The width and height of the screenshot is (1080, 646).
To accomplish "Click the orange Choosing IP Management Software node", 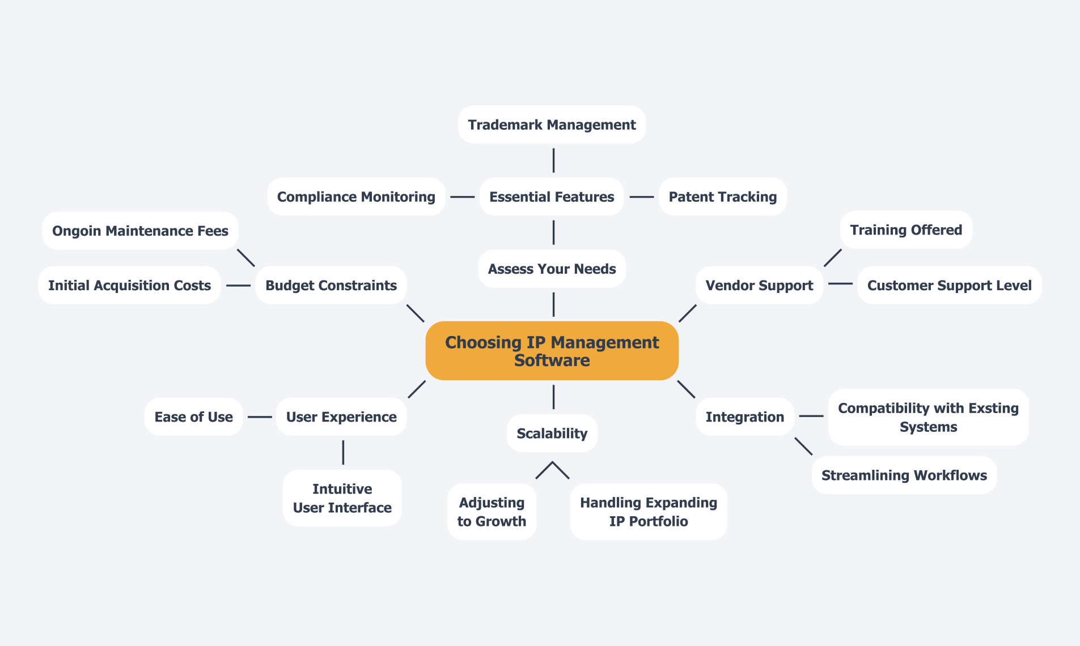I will (x=552, y=351).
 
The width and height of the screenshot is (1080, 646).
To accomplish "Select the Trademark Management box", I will (x=552, y=125).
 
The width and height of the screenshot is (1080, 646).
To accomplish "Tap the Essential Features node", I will (x=552, y=197).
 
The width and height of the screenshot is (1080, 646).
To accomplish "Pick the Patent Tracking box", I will (x=722, y=197).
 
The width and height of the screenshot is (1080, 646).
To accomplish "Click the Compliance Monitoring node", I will (x=356, y=197).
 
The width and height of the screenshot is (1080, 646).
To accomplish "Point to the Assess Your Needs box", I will (x=552, y=269).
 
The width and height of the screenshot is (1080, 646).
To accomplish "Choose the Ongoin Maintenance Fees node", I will (x=140, y=231).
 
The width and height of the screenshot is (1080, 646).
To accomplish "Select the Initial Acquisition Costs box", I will (x=129, y=285).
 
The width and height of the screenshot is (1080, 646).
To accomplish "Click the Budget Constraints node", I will (x=331, y=285).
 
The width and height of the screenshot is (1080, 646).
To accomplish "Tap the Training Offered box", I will (x=906, y=229).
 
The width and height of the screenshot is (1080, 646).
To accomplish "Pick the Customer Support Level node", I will (x=949, y=285).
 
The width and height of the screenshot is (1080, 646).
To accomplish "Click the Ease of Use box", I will (x=193, y=417).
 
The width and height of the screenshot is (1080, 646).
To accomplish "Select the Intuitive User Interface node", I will (x=342, y=498).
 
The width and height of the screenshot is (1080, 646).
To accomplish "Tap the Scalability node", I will (x=552, y=433).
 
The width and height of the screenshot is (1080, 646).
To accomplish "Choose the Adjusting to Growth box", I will (x=492, y=512).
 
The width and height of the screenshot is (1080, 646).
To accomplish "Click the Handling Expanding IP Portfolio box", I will (x=648, y=512).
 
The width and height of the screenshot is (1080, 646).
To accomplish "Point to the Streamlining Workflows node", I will (x=904, y=475).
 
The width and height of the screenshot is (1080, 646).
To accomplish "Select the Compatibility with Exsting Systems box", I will (x=928, y=417).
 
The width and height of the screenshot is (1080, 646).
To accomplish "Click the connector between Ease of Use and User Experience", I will (x=260, y=417).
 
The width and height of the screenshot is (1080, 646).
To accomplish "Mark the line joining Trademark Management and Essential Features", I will (x=553, y=160).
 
